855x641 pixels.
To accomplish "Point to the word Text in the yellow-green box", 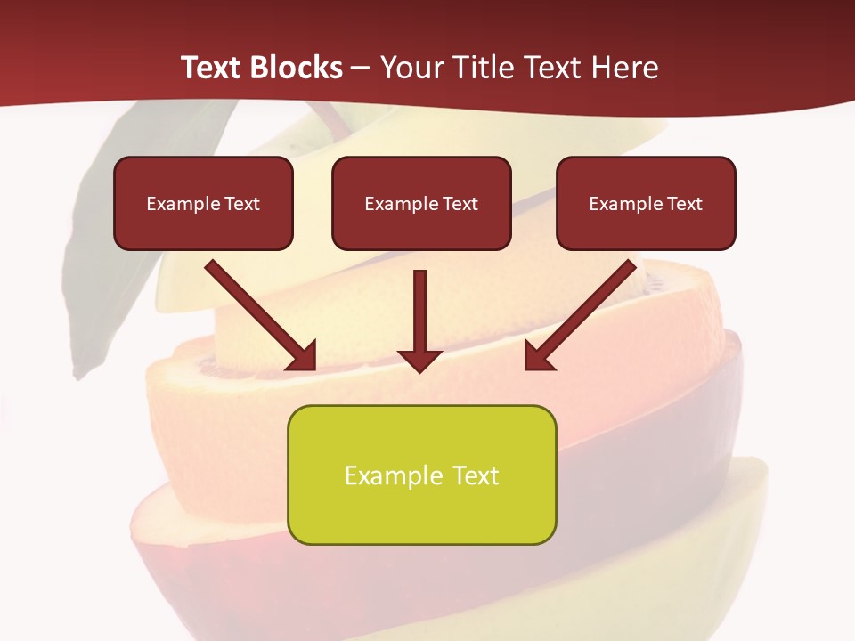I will coord(474,475).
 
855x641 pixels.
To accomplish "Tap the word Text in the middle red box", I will coord(460,204).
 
